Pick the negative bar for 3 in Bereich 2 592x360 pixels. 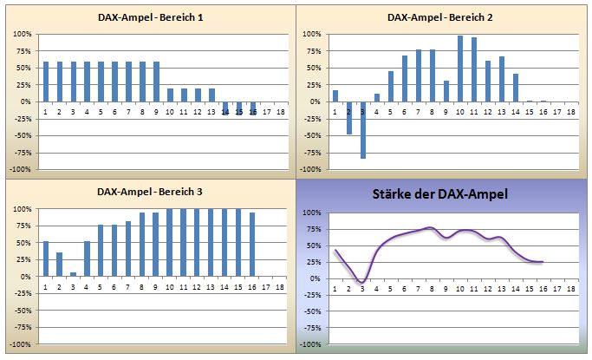363,129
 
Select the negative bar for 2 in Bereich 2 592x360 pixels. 349,118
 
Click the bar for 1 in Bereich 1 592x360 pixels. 46,82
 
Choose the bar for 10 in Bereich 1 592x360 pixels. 171,95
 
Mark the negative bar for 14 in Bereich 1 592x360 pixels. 225,108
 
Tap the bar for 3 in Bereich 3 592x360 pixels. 74,274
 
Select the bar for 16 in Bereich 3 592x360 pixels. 252,244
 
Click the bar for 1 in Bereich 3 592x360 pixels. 46,259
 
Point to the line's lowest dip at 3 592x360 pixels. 362,282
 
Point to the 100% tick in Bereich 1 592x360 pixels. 21,34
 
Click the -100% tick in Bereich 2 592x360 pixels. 310,169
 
